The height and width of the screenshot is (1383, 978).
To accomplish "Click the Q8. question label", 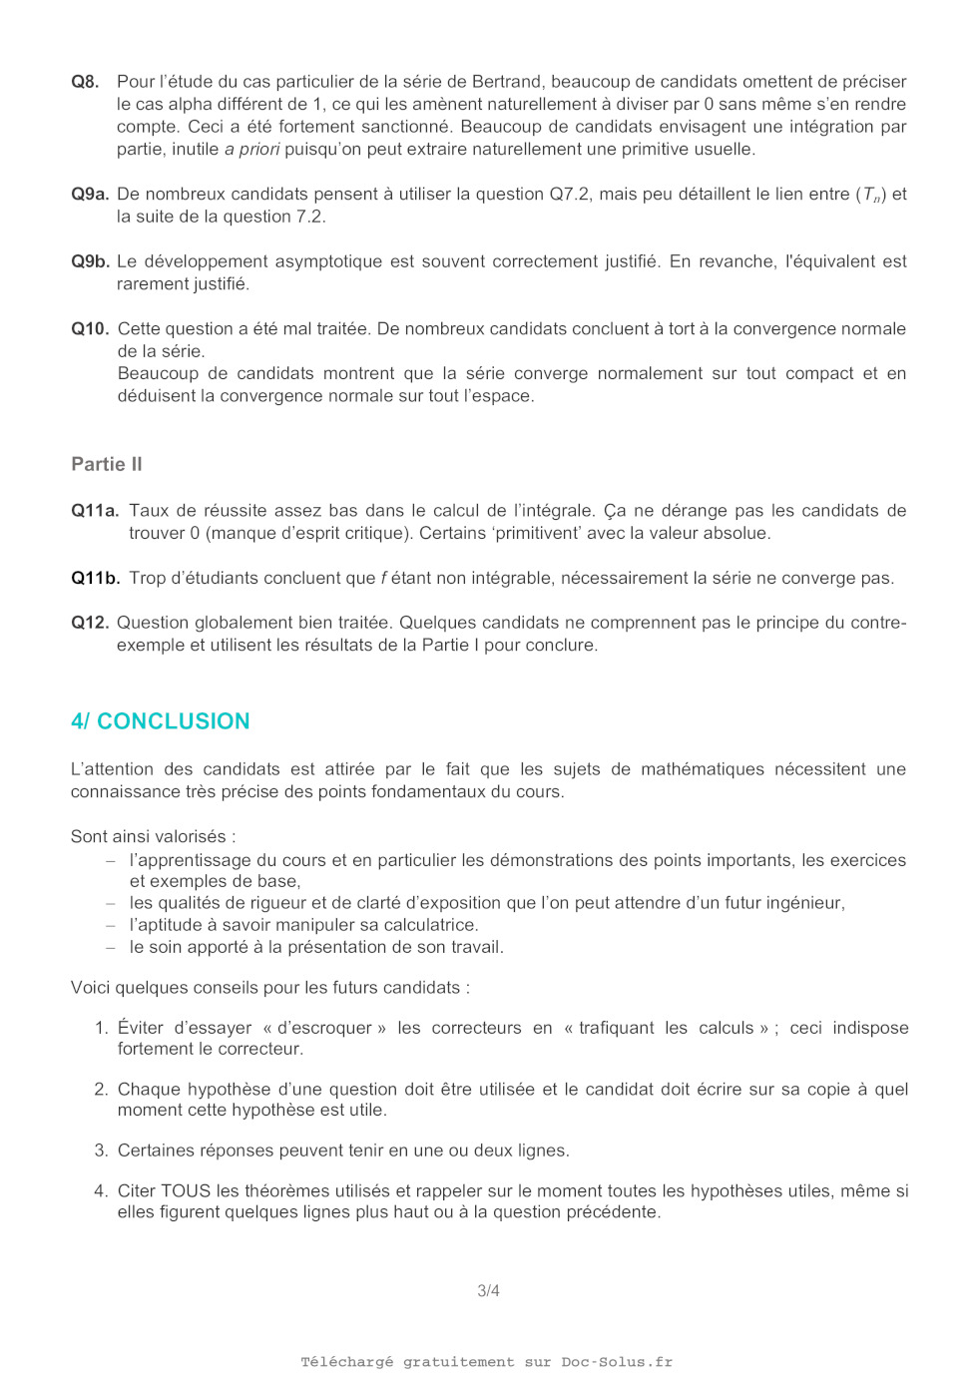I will point(85,82).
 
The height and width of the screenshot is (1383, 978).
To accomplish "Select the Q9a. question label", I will point(90,195).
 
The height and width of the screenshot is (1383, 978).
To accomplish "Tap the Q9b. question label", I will point(90,261).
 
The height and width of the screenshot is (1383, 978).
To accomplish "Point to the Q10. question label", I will point(90,329).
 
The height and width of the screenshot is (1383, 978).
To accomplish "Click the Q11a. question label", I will point(95,511).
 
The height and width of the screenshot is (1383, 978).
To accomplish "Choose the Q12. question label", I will point(90,623).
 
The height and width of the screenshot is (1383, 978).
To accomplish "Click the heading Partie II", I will point(107,464).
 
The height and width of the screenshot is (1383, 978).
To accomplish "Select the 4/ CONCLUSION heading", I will point(161,721).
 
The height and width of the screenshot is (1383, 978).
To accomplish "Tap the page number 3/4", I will point(488,1291).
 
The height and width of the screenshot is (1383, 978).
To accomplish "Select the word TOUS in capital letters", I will point(186,1191).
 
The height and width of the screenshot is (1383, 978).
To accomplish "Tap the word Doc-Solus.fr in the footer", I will point(617,1362).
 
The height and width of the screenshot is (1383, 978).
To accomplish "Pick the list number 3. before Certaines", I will point(101,1151).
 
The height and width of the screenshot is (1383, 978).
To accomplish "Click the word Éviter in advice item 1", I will point(141,1028).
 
